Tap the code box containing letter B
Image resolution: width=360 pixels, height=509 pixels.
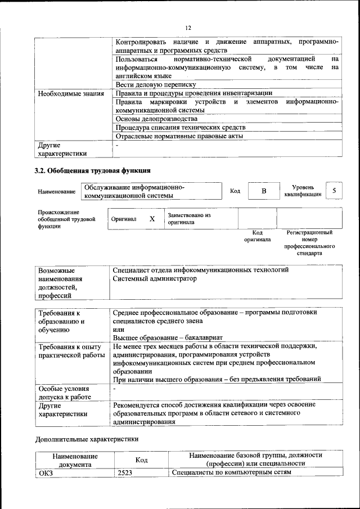(263, 191)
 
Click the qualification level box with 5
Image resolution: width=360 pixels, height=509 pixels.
(334, 191)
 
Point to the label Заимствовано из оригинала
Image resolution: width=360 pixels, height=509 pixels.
(188, 219)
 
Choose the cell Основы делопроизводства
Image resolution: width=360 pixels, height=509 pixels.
(156, 119)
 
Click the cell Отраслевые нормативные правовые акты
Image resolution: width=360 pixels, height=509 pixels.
(179, 136)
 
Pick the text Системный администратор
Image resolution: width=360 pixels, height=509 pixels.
(155, 278)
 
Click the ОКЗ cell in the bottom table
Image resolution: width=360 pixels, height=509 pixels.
(45, 472)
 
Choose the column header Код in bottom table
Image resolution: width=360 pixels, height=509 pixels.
(142, 460)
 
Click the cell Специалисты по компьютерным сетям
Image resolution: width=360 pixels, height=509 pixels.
(231, 472)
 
